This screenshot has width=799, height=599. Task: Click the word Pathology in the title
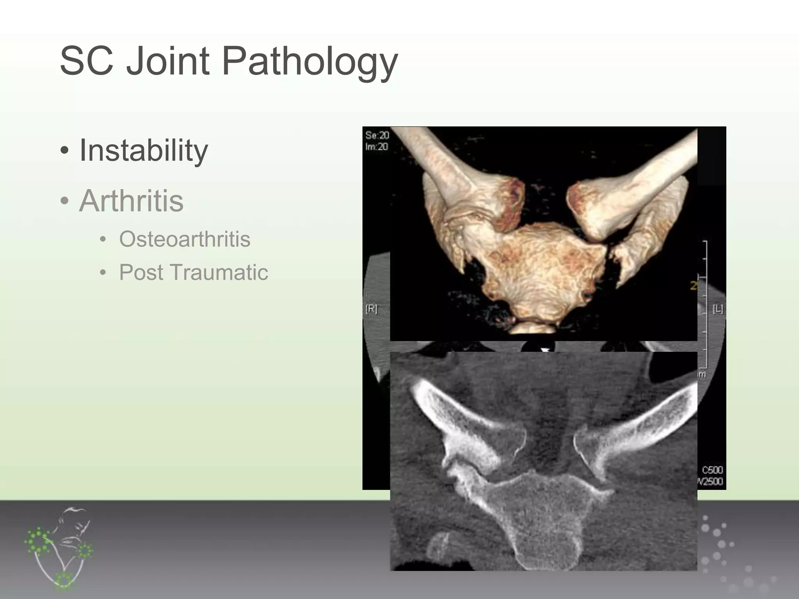tap(310, 61)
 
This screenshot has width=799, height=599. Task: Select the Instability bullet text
tap(144, 150)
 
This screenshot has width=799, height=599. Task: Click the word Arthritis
tap(131, 201)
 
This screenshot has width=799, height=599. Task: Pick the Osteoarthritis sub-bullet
tap(185, 239)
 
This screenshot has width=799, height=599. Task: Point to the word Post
tap(141, 272)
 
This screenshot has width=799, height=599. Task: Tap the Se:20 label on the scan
tap(377, 135)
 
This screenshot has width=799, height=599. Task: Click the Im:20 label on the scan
tap(376, 147)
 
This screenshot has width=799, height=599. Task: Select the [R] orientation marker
tap(371, 309)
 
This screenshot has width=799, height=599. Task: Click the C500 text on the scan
tap(712, 470)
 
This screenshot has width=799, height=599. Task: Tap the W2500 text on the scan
tap(711, 482)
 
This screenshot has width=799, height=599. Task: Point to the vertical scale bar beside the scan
tap(705, 304)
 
